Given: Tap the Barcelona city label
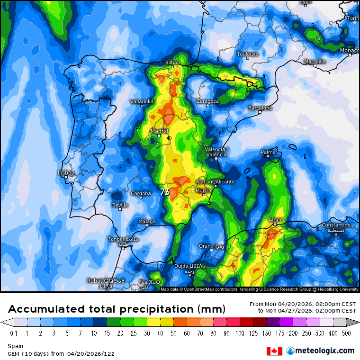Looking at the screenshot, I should [x=260, y=108].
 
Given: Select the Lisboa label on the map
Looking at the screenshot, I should [x=66, y=173].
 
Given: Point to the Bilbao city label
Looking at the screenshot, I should [x=172, y=63].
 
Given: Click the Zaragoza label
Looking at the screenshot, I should [x=207, y=101].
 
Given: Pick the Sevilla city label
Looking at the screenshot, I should [x=120, y=205].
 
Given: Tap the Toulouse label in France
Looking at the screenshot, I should [x=248, y=54].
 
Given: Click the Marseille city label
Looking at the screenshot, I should [x=315, y=62].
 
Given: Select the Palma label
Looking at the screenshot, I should [x=268, y=152].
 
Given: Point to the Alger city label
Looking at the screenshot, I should [x=275, y=220].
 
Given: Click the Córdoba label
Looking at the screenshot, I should [x=141, y=193].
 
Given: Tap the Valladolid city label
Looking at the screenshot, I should [x=142, y=101].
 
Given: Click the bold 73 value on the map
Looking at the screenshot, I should [x=165, y=192].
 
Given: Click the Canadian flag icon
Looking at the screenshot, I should [x=274, y=351].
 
